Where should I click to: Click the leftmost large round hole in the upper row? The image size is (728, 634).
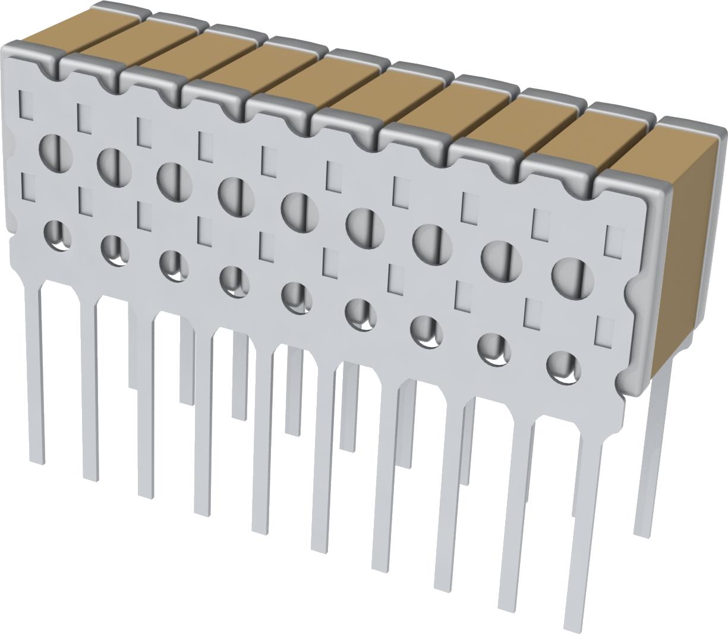pos(55,149)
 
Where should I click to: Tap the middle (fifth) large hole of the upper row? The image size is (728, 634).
pos(300,212)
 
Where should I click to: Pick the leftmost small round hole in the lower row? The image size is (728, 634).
pos(58,235)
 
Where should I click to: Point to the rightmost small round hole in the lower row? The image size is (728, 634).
pos(563,367)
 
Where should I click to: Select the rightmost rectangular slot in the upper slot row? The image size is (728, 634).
pos(613,239)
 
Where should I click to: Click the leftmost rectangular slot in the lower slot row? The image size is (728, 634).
pos(27,187)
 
